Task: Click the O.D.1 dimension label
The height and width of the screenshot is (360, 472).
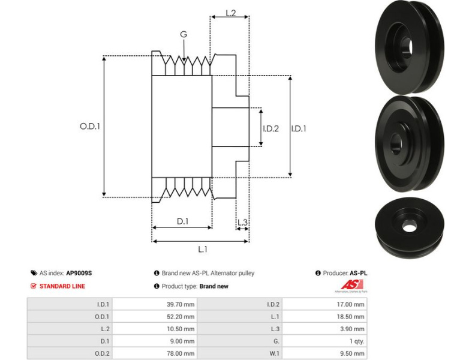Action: pos(89,127)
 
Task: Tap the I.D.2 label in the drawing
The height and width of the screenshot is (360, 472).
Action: pos(271,128)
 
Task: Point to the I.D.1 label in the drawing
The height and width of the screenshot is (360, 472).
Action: pos(299,128)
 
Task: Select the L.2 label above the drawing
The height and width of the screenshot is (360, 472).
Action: pos(230,12)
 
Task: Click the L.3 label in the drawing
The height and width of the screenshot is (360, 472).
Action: pos(242,223)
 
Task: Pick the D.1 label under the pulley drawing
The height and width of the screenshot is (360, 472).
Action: pos(182,221)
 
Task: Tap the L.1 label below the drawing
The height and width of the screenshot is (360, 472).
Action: pos(203,249)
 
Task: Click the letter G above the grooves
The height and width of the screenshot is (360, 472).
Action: pos(184,35)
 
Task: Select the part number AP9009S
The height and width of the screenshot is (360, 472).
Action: pos(79,273)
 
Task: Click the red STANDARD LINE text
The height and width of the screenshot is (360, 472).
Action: pos(62,286)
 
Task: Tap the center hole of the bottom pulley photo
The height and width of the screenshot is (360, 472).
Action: pos(410,227)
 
